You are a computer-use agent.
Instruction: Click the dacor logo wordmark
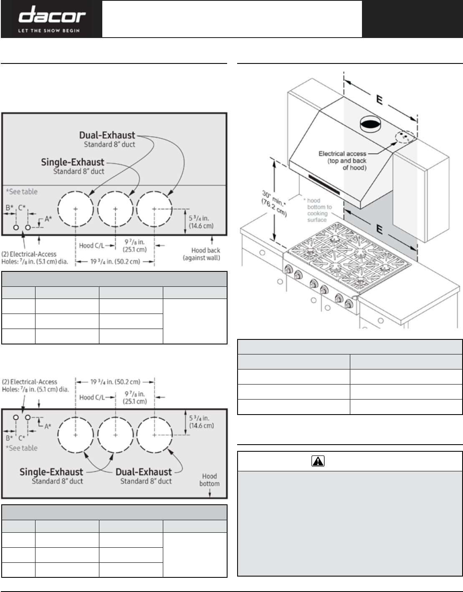pos(52,15)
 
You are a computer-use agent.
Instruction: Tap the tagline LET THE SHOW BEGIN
pos(49,31)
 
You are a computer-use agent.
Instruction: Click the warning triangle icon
pos(318,461)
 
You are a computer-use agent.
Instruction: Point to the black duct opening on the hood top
pos(370,125)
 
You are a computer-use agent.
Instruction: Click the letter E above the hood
pos(380,100)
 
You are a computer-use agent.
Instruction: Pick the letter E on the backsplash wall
pos(380,229)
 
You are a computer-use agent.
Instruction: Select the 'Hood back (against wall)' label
pos(202,254)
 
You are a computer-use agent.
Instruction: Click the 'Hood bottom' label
pos(210,480)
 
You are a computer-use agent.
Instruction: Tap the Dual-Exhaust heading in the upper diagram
pos(107,135)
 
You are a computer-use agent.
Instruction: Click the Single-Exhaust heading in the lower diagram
pos(51,472)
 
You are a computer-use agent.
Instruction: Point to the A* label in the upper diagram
pos(48,219)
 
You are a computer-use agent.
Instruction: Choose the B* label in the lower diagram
pos(10,438)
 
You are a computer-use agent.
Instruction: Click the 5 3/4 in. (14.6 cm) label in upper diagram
pos(201,222)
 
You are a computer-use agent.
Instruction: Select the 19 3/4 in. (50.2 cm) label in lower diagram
pos(115,382)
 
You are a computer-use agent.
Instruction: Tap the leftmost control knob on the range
pos(288,269)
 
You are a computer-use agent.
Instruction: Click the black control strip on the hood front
pos(324,185)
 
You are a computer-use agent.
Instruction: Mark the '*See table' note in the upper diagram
pos(22,192)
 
